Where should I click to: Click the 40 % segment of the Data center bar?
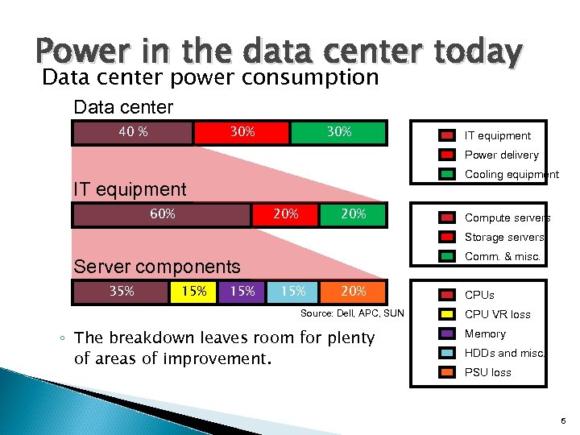(x=132, y=132)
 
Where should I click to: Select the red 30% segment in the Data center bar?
(x=242, y=132)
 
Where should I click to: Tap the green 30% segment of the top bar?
(x=339, y=132)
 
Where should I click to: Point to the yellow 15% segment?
(x=193, y=292)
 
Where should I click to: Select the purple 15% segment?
(x=242, y=292)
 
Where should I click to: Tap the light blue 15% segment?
(x=292, y=292)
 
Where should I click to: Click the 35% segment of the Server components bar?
(x=122, y=292)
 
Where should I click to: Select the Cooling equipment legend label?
(x=511, y=175)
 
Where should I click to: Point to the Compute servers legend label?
(x=507, y=218)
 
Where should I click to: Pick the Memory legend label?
(x=485, y=334)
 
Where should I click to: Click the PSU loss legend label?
(x=487, y=373)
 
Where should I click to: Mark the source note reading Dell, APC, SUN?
(x=352, y=313)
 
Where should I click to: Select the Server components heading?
(x=157, y=267)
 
